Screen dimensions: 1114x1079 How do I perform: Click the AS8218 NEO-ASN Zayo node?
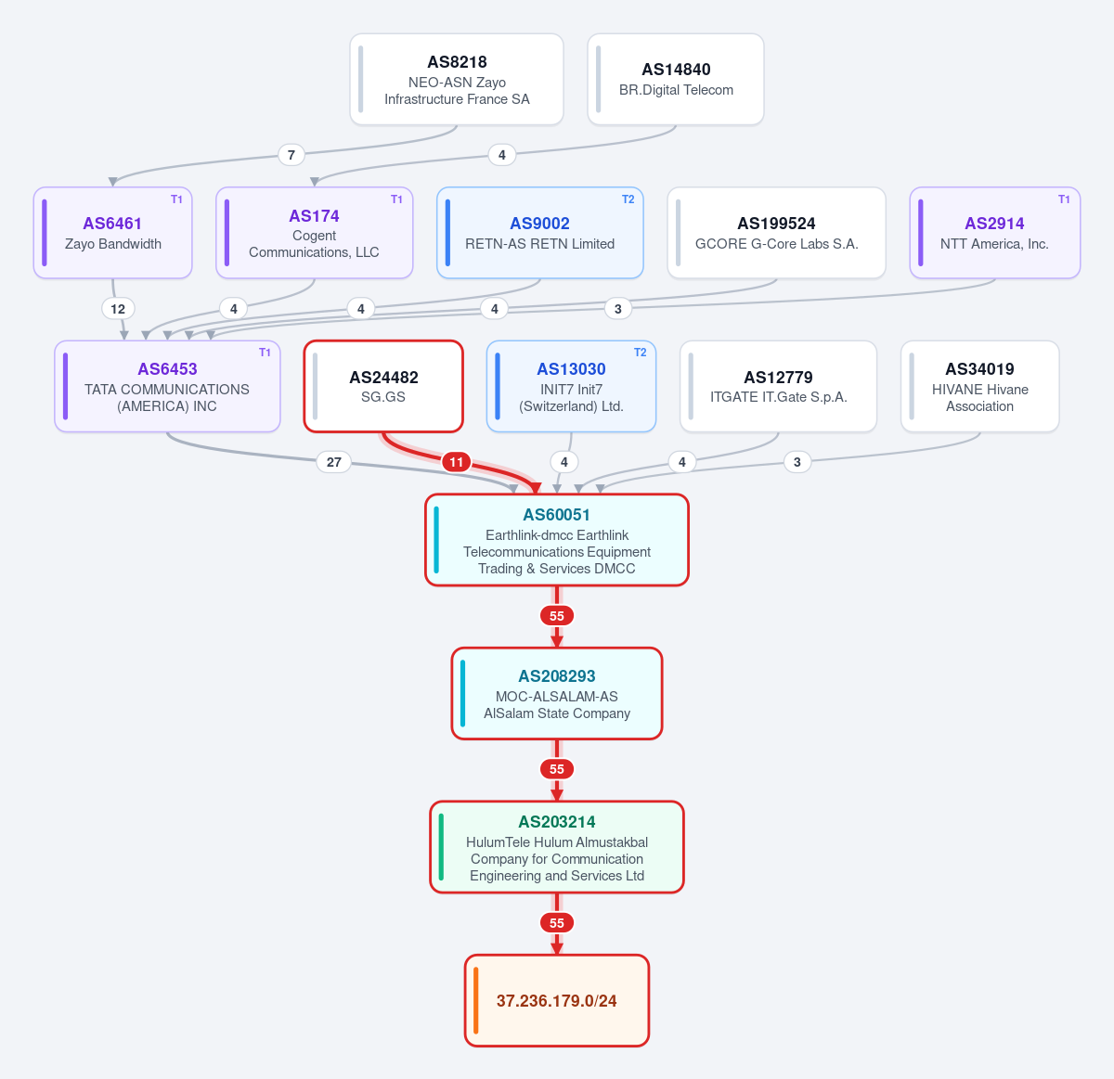456,79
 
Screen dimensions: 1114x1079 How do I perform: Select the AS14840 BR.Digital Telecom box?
676,79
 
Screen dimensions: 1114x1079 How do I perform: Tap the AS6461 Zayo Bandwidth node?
112,233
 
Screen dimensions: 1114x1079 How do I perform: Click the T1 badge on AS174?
396,199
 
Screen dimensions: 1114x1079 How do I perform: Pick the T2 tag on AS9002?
628,199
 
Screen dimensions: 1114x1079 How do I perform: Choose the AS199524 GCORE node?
776,233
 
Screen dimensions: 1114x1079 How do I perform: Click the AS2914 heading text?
994,223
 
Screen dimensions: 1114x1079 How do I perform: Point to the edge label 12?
118,309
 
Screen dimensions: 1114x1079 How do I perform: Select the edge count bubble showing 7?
291,154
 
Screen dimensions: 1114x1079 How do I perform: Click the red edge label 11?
456,462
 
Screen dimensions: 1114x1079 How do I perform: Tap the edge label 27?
334,462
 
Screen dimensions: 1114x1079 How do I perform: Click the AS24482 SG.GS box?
383,386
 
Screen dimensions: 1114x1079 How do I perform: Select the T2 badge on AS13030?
640,353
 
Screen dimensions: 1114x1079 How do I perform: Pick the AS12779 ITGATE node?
779,386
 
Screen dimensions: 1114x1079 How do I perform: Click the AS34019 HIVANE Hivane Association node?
980,386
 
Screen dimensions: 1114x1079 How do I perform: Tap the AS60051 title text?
556,515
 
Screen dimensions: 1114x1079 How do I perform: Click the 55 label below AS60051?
556,616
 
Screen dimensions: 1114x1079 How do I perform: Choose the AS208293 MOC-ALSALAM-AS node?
556,693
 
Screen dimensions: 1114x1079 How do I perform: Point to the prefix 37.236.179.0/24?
556,1001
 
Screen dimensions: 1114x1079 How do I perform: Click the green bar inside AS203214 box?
441,847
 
